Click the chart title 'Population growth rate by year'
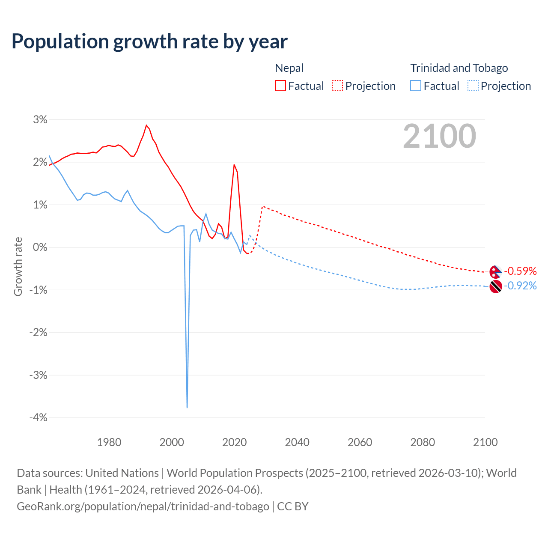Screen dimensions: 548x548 (x=149, y=42)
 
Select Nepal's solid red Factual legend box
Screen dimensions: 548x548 (x=280, y=86)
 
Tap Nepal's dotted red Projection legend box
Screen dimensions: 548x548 (x=337, y=86)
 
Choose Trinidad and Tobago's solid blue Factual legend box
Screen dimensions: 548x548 (x=416, y=86)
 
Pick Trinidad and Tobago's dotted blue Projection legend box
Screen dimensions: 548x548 (x=473, y=86)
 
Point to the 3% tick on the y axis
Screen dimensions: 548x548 (x=40, y=119)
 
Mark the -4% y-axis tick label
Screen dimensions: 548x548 (x=38, y=417)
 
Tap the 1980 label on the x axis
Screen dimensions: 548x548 (x=109, y=442)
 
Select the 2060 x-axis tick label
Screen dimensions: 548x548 (x=360, y=442)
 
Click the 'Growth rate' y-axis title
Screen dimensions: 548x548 (x=18, y=266)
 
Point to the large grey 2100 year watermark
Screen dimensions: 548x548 (x=439, y=136)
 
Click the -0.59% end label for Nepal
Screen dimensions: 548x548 (x=520, y=271)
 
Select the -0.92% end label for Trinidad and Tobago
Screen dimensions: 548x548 (x=520, y=286)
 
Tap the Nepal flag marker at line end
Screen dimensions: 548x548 (x=495, y=271)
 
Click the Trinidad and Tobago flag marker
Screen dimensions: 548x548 (x=495, y=286)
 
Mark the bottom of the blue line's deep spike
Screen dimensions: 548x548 (x=187, y=407)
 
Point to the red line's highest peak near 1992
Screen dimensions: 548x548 (x=146, y=125)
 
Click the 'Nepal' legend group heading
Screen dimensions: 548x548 (x=289, y=68)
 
